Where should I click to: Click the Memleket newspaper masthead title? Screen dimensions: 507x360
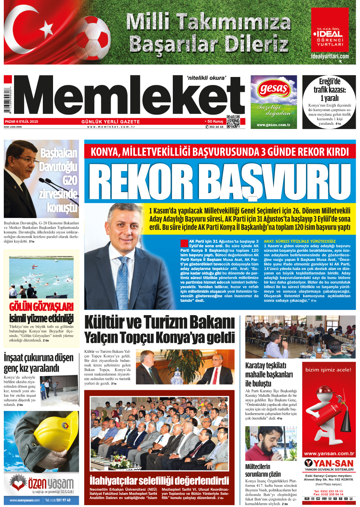(129, 97)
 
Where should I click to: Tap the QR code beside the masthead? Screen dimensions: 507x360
(233, 121)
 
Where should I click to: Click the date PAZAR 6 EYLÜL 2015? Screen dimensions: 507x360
(21, 122)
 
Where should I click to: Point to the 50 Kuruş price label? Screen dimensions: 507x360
(214, 121)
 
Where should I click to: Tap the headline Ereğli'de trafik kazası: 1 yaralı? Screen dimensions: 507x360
(329, 89)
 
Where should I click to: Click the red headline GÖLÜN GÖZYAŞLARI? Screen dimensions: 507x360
(41, 306)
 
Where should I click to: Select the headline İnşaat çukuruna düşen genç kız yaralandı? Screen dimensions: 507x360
(38, 363)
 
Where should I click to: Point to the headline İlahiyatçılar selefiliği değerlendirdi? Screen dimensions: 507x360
(159, 480)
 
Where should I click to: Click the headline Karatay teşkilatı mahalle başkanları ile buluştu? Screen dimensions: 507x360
(269, 375)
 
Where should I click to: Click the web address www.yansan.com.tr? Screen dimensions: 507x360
(329, 454)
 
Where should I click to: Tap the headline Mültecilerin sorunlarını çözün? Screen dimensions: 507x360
(263, 470)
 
